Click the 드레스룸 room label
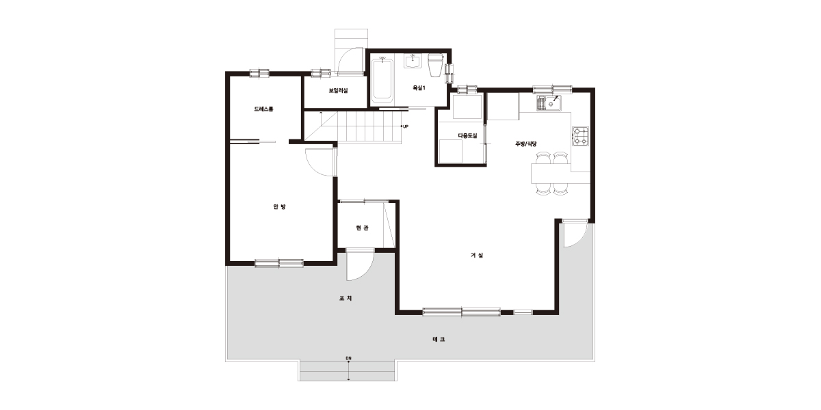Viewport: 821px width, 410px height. click(x=263, y=109)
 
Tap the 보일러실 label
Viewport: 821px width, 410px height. click(x=338, y=90)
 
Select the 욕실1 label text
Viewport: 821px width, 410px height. click(x=419, y=88)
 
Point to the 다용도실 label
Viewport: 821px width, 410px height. click(x=468, y=136)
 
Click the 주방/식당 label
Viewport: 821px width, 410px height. click(x=526, y=144)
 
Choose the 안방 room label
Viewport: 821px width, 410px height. click(x=279, y=207)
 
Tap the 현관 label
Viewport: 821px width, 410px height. click(x=362, y=228)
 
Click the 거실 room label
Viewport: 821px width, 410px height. click(x=477, y=255)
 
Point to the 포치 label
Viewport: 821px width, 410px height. click(x=346, y=299)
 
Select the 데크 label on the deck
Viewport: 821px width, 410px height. click(x=439, y=340)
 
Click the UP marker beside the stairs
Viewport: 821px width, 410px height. click(x=406, y=126)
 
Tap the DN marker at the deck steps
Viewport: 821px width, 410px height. click(x=348, y=358)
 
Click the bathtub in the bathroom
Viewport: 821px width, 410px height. click(x=382, y=80)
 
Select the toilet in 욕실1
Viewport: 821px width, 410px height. click(x=435, y=65)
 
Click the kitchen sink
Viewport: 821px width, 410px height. click(x=549, y=103)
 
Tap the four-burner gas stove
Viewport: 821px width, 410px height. click(x=581, y=137)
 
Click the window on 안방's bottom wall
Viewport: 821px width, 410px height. click(x=279, y=263)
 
